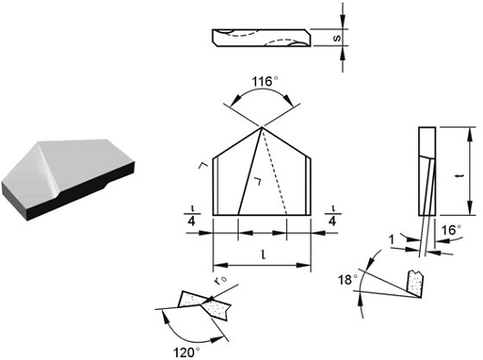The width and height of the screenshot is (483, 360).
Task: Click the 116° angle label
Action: [262, 80]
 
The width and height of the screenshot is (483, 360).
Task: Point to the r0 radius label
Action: [219, 282]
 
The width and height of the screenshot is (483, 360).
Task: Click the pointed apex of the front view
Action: [262, 126]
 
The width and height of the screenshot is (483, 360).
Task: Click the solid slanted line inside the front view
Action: [249, 171]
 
